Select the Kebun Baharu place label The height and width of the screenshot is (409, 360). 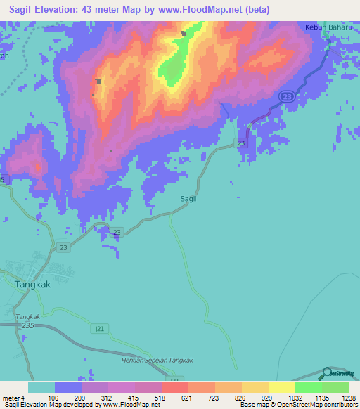[323, 28]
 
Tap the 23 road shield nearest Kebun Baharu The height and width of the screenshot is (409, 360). [285, 96]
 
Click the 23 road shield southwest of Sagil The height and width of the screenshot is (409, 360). [117, 233]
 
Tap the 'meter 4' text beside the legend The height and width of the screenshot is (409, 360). [13, 397]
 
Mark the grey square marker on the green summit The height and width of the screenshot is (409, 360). [183, 33]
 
